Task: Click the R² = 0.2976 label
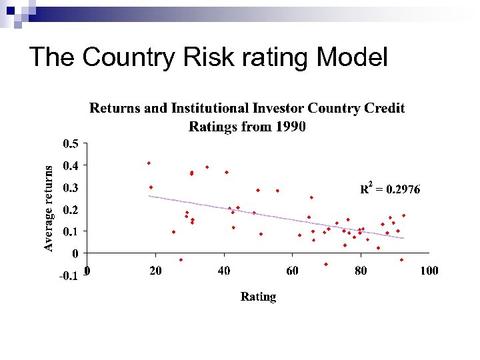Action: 390,189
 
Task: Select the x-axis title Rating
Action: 258,297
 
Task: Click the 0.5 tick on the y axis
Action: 70,143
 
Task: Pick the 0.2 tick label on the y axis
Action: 70,210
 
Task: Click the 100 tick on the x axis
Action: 429,271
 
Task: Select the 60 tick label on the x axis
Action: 292,271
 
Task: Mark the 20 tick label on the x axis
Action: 155,271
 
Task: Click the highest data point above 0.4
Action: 149,163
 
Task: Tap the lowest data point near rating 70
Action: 326,264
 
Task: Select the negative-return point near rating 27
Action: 181,260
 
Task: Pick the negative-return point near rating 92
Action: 401,260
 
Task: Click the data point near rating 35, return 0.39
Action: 207,167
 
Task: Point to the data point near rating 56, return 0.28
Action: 278,191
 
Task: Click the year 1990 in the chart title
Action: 290,127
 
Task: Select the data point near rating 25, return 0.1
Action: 173,232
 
